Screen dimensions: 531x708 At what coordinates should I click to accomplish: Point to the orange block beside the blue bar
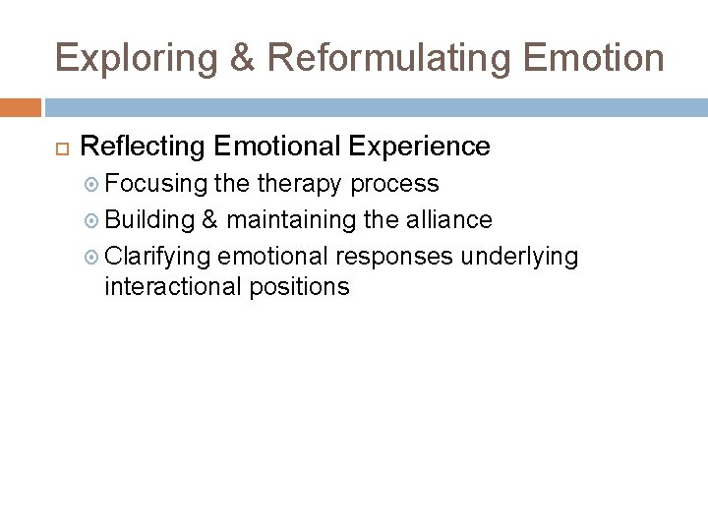tap(21, 107)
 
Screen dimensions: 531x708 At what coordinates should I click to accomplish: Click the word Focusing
tap(156, 184)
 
